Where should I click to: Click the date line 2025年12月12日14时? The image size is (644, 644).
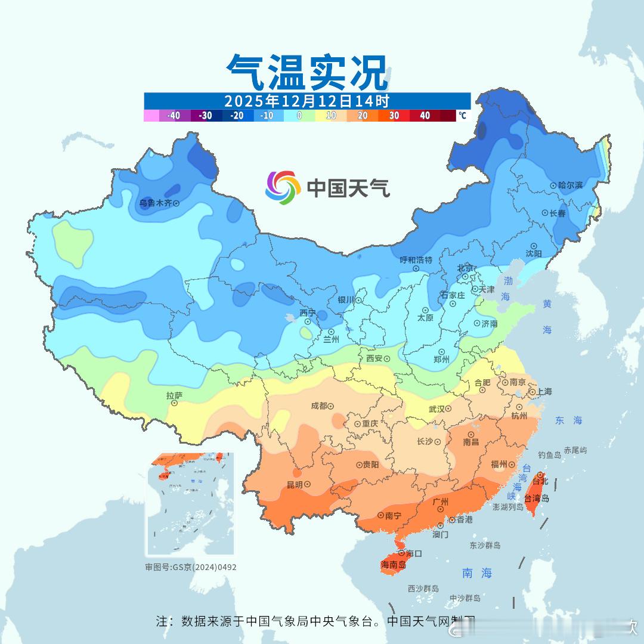tap(306, 101)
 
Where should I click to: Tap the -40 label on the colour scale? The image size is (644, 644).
tap(174, 116)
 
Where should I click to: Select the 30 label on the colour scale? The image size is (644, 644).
tap(394, 116)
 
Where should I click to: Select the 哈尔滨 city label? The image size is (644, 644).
tap(571, 185)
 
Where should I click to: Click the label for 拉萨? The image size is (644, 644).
tap(174, 395)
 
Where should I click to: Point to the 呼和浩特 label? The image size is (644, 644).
tap(416, 260)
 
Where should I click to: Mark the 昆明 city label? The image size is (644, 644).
tap(295, 485)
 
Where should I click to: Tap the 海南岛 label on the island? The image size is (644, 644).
tap(393, 565)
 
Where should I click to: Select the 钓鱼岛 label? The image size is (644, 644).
tap(549, 455)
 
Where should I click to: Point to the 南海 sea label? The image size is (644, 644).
tap(478, 573)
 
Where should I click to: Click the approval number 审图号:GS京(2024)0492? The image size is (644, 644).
tap(191, 567)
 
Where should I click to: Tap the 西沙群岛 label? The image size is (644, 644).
tap(423, 589)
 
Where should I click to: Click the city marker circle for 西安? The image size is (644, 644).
tap(387, 359)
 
